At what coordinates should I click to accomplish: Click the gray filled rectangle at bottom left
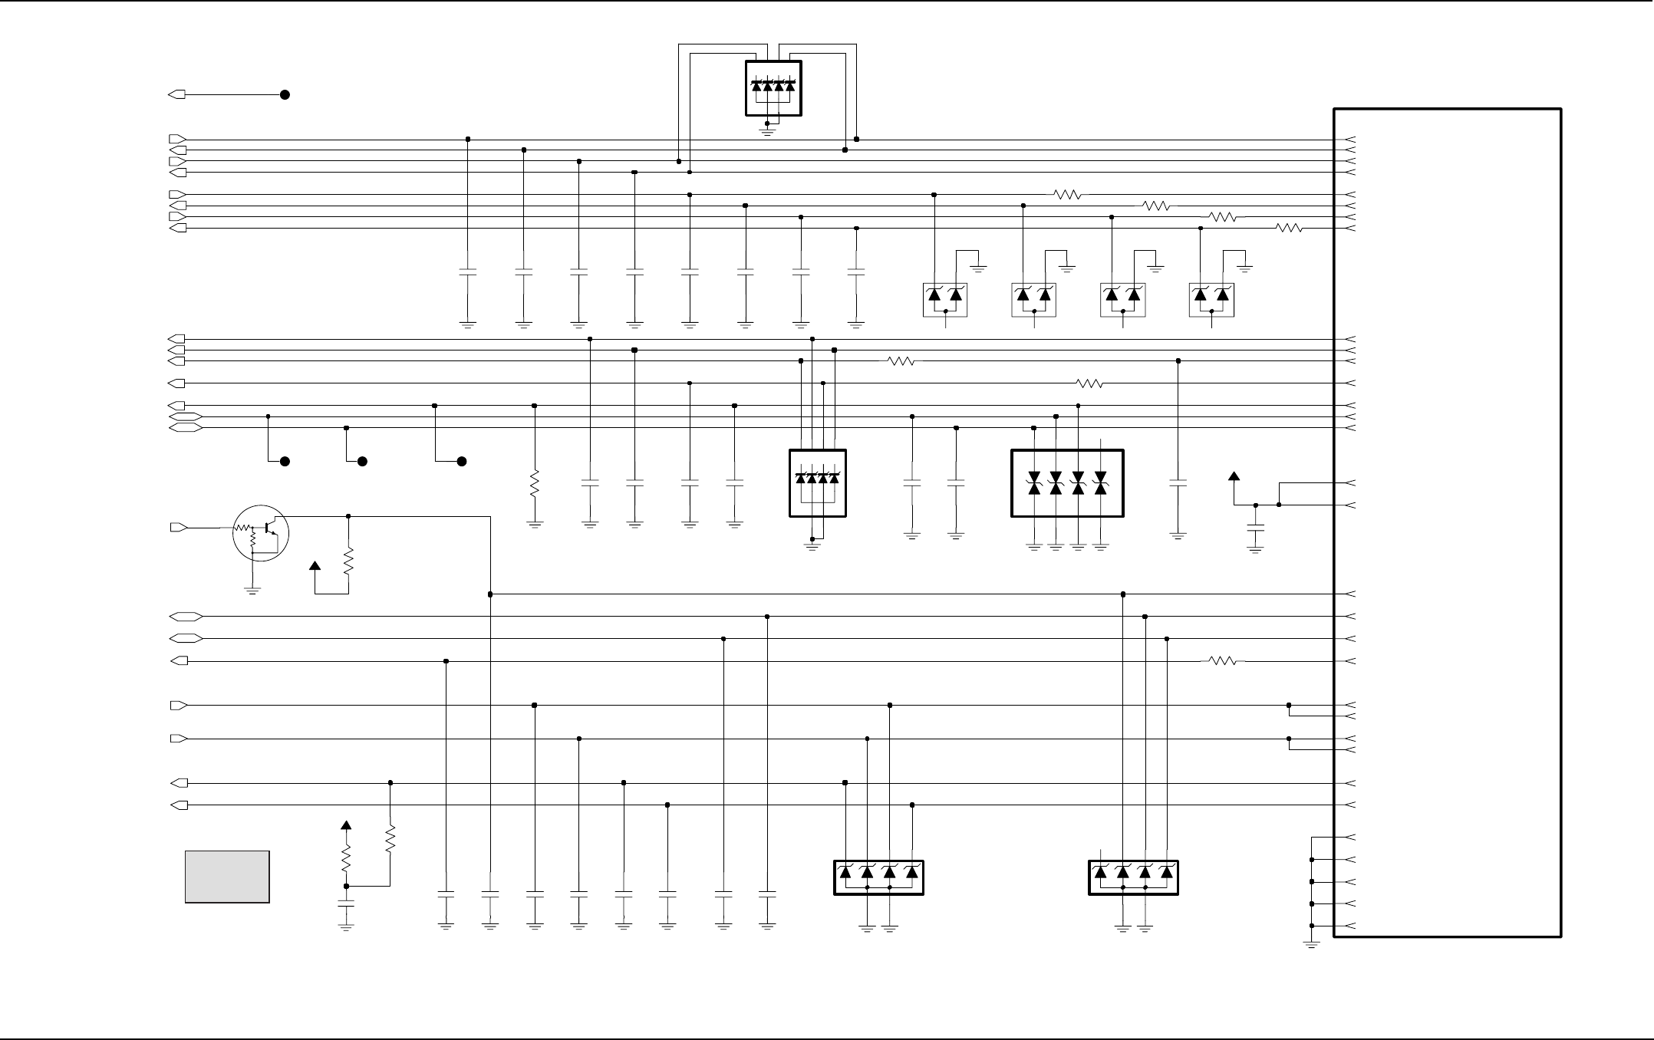click(227, 877)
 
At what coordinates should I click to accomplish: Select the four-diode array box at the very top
click(773, 88)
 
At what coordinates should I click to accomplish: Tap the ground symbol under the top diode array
click(767, 130)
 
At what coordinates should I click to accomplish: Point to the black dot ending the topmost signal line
click(285, 94)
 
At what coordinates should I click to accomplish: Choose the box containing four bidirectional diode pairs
click(1067, 483)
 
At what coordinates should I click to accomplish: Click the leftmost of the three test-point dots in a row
click(285, 462)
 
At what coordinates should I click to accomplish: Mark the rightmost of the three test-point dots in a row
click(462, 462)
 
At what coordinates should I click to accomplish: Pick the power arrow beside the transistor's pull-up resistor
click(315, 567)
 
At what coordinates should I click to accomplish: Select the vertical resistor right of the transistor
click(348, 560)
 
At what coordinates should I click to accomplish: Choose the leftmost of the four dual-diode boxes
click(945, 299)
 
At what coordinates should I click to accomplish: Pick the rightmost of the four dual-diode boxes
click(1211, 299)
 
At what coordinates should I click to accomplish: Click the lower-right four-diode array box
click(1133, 877)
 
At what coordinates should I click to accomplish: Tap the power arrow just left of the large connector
click(1234, 477)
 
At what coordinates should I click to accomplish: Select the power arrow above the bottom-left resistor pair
click(346, 826)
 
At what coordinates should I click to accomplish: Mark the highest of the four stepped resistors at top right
click(1067, 195)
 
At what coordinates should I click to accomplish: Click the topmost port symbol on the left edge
click(177, 94)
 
